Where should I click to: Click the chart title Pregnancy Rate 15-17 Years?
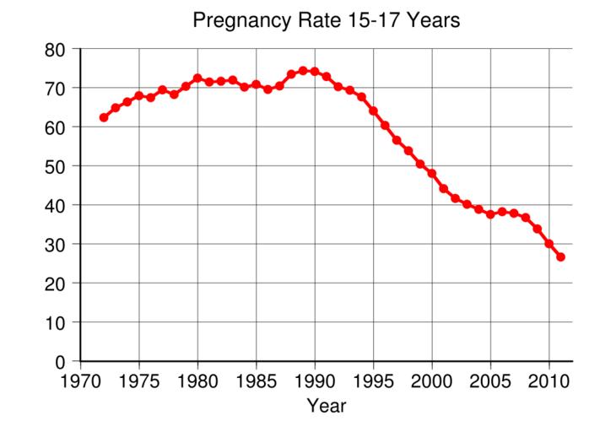coord(326,20)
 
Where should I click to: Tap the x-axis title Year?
coord(326,406)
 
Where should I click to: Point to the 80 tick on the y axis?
coord(56,50)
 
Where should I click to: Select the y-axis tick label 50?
coord(56,166)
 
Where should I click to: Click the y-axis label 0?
coord(61,362)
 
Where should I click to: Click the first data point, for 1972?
coord(104,117)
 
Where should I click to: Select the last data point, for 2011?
coord(560,257)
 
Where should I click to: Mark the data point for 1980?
coord(197,78)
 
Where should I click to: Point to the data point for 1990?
coord(315,72)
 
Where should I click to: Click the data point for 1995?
coord(373,111)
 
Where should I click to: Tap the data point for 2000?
coord(431,174)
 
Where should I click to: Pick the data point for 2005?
coord(490,214)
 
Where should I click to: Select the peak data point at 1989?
coord(303,71)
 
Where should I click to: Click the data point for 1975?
coord(139,96)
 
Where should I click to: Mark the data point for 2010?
coord(548,244)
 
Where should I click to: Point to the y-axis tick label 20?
coord(56,283)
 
